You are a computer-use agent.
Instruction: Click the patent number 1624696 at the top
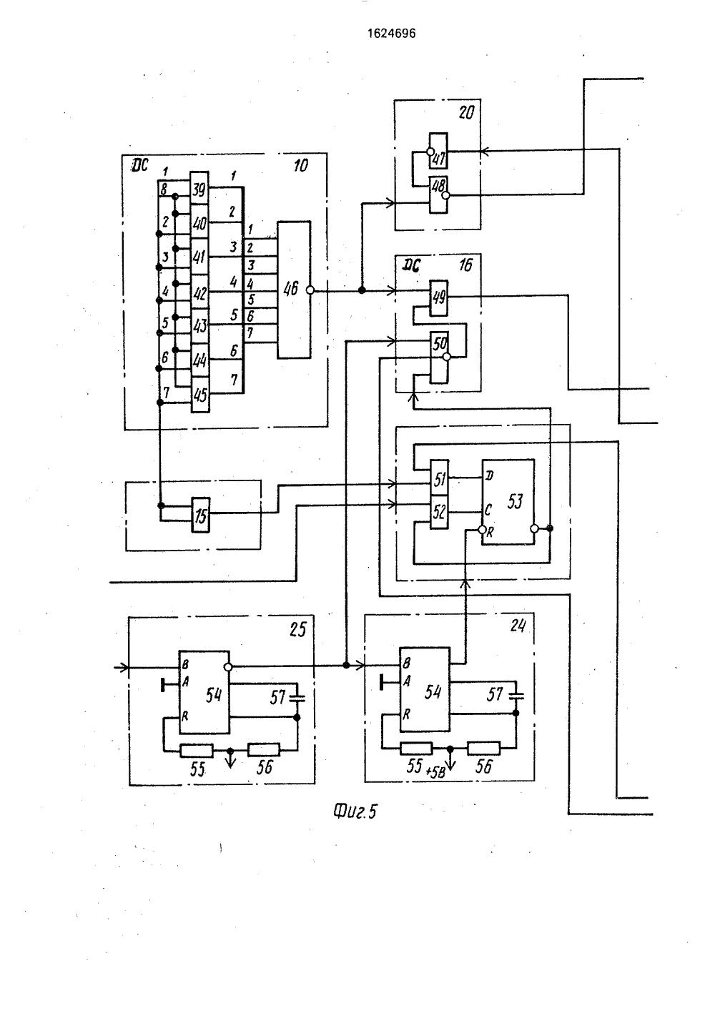point(391,34)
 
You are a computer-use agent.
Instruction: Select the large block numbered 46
point(294,290)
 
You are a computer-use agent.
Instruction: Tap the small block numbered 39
point(199,188)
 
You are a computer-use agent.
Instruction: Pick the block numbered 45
point(200,395)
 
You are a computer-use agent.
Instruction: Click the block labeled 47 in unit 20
point(438,151)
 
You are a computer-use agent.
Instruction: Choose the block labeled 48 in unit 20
point(438,194)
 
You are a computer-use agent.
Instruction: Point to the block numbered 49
point(439,297)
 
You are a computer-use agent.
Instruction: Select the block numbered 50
point(439,357)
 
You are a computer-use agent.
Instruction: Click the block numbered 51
point(439,478)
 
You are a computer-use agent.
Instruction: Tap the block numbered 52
point(439,512)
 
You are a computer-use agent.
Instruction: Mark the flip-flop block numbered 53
point(508,502)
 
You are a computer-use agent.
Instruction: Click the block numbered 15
point(200,515)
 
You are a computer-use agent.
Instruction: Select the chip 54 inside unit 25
point(204,692)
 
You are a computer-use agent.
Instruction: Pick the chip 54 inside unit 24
point(425,689)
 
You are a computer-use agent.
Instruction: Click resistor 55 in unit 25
point(197,750)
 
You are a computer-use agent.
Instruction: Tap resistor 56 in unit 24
point(483,748)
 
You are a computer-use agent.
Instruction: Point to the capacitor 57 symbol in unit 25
point(297,698)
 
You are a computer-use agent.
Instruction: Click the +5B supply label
point(435,772)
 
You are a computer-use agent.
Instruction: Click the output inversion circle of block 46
point(310,291)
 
